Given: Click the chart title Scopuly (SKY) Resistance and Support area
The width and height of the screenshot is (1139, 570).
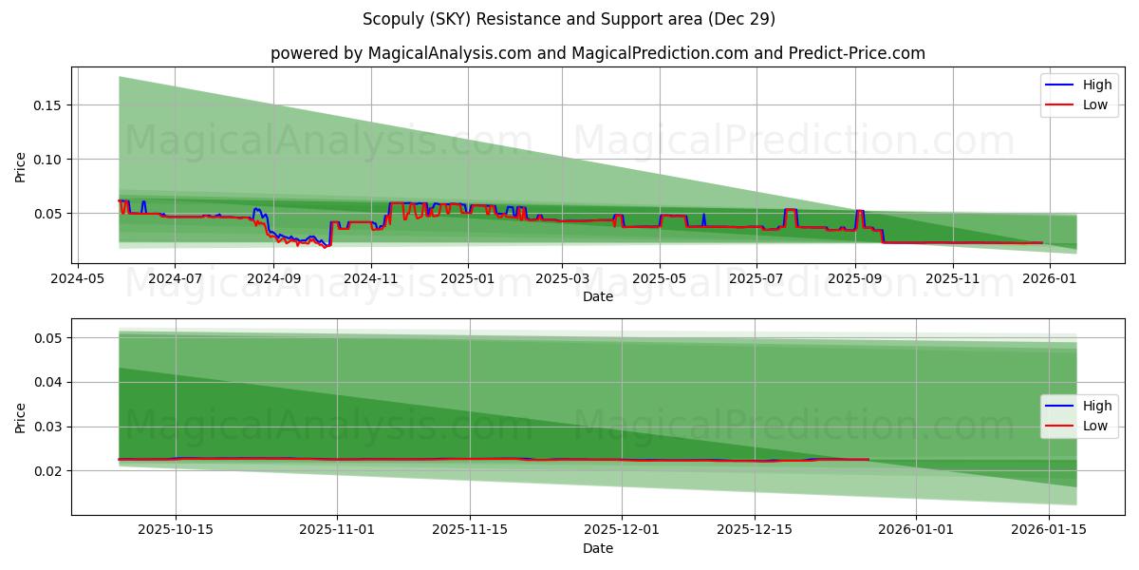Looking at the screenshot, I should [569, 19].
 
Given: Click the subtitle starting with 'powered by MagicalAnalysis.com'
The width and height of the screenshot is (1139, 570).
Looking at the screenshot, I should [598, 53].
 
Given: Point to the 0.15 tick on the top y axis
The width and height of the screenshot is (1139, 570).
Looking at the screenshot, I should [47, 104].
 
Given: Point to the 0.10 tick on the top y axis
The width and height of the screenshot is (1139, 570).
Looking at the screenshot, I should [47, 159].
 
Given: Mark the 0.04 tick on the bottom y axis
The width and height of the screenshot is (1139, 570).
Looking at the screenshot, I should [47, 382].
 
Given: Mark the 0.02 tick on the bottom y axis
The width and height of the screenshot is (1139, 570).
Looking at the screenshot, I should [47, 471].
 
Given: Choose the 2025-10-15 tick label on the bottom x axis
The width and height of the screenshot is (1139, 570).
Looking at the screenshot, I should [176, 530].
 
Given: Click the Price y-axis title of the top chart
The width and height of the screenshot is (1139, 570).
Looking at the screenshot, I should [21, 166].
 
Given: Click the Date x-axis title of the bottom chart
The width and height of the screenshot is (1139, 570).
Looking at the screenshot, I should [598, 548].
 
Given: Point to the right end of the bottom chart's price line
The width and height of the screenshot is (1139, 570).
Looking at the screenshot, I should [868, 460].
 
